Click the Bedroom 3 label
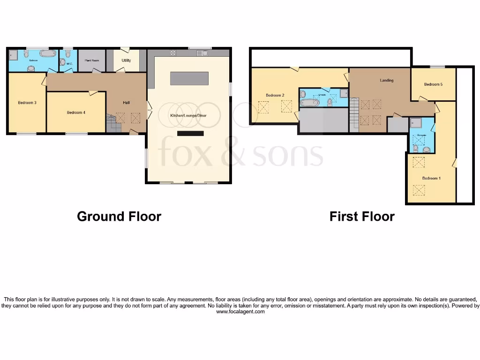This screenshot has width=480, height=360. (27, 102)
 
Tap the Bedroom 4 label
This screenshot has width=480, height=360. (76, 112)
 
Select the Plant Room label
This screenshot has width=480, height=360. (92, 60)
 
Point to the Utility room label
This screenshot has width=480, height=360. (126, 60)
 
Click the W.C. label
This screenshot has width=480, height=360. (68, 64)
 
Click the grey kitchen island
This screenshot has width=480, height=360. (189, 78)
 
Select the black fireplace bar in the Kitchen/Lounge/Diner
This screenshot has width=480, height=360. (190, 134)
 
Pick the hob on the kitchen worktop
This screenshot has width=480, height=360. (172, 52)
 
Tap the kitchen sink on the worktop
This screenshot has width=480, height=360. (203, 52)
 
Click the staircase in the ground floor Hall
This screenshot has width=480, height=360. (112, 124)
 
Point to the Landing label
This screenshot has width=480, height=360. (386, 80)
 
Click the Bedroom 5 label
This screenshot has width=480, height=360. (433, 84)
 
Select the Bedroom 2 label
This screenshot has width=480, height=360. (275, 95)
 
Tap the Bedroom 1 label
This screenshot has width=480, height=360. (431, 178)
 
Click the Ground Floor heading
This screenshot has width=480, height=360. (119, 216)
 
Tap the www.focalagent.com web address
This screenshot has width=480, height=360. (240, 311)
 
